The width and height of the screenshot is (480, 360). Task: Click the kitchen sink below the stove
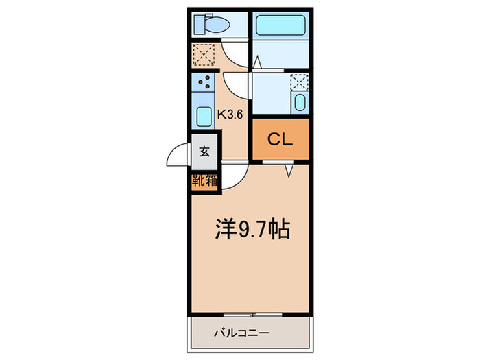[x=204, y=116]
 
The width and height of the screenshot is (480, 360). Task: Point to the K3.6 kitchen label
[x=231, y=115]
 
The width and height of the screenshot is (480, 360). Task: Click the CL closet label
[x=280, y=140]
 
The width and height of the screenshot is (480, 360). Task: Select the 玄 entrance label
[x=204, y=152]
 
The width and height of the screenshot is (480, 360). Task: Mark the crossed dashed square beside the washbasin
[x=299, y=82]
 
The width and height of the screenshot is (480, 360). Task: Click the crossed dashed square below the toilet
[x=204, y=53]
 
